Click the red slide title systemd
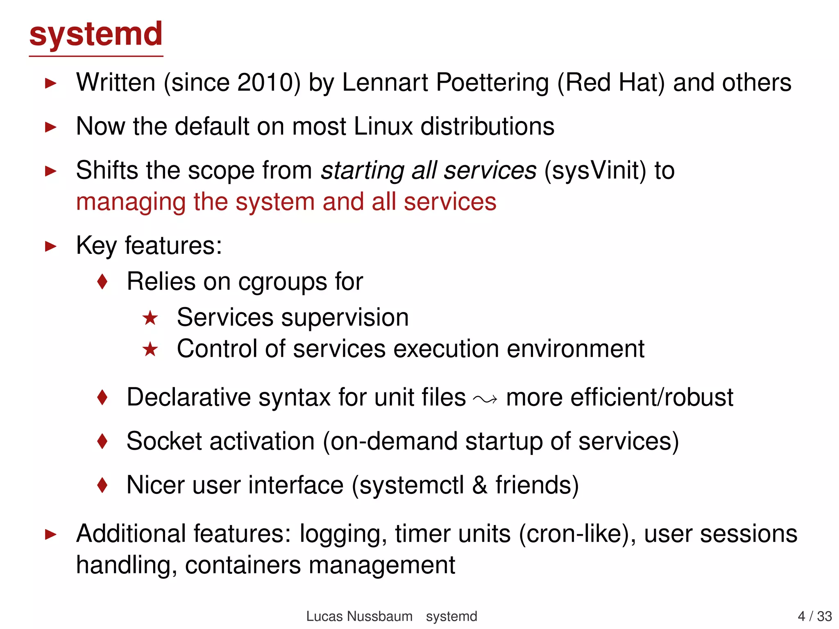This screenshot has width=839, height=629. point(96,34)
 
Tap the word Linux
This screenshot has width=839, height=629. point(383,127)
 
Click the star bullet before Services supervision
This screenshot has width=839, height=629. point(150,318)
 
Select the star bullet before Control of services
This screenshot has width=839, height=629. point(150,349)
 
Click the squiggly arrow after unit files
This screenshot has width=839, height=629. point(485,399)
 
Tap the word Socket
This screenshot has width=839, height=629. point(164,441)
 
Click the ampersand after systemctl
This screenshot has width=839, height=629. point(480,485)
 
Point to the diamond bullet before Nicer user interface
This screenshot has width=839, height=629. point(102,485)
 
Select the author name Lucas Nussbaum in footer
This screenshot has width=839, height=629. point(359,616)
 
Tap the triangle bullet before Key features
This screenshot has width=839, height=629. point(50,247)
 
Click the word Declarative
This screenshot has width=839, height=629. point(188,398)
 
